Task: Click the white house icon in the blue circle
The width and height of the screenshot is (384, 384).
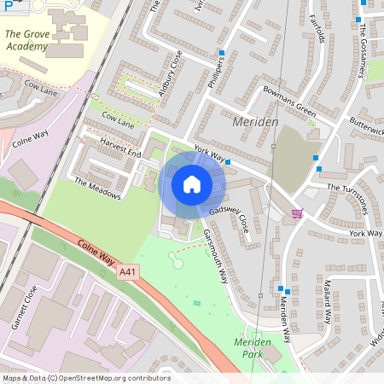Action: (x=192, y=183)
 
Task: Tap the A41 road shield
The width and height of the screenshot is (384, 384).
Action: (x=128, y=271)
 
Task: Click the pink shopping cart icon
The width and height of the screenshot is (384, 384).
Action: (x=297, y=212)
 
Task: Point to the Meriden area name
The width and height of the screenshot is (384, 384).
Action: (x=255, y=123)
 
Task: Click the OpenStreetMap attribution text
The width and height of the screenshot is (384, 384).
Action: (x=85, y=378)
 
